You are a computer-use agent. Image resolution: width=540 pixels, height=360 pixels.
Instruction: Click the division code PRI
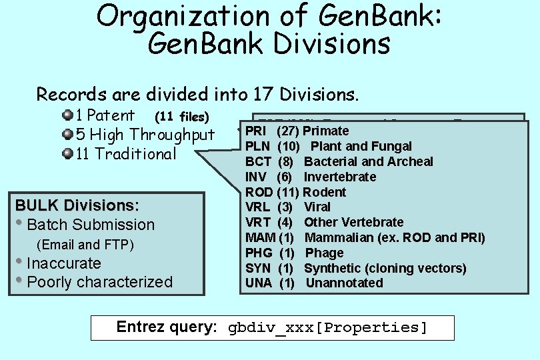(257, 131)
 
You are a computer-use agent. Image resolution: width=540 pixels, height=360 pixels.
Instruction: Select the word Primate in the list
(325, 131)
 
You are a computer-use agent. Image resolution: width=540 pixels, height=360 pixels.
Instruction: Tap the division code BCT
(258, 161)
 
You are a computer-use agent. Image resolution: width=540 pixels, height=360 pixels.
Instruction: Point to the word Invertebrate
(340, 177)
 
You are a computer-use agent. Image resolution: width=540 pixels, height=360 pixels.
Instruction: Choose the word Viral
(317, 207)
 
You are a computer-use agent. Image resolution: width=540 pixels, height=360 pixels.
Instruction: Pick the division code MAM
(259, 237)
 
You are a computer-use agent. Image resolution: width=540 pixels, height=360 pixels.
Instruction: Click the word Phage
(325, 253)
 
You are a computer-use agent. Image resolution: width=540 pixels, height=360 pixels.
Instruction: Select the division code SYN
(258, 268)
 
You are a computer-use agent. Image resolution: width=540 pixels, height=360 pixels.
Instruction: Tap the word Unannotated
(345, 283)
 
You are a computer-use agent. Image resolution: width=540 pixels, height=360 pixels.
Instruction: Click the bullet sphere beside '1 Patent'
(67, 115)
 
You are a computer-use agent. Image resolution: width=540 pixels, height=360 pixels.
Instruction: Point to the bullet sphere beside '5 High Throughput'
(67, 135)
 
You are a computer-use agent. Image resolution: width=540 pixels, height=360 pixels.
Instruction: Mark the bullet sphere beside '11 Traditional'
(67, 154)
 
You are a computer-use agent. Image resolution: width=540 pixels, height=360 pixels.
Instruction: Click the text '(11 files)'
(182, 117)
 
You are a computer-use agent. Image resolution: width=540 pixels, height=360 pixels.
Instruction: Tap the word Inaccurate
(64, 263)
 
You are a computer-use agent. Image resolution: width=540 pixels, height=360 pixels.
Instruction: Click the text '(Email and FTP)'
(85, 245)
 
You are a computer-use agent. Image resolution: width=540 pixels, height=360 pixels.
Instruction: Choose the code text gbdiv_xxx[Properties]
(327, 327)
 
